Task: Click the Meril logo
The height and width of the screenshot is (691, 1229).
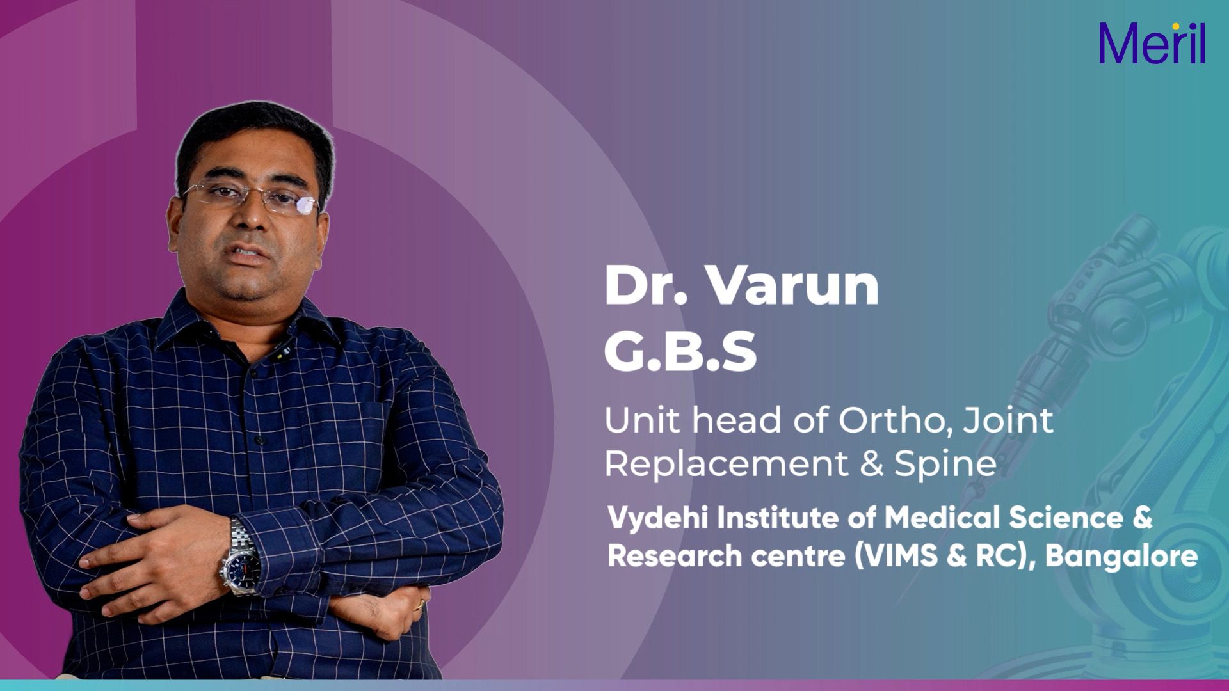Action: pos(1152,44)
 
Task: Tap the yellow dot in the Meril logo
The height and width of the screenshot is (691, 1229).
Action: pos(1176,26)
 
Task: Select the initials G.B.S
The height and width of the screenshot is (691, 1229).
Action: pos(680,351)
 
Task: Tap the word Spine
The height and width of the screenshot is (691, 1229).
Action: pos(945,464)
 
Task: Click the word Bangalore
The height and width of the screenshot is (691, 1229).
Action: pos(1121,555)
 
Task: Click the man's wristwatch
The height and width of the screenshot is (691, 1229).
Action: pos(241,557)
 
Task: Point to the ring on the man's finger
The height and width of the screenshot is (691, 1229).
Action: pos(421,603)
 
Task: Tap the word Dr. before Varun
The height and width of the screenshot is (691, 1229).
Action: pos(645,285)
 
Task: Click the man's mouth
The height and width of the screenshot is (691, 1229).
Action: pos(249,254)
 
